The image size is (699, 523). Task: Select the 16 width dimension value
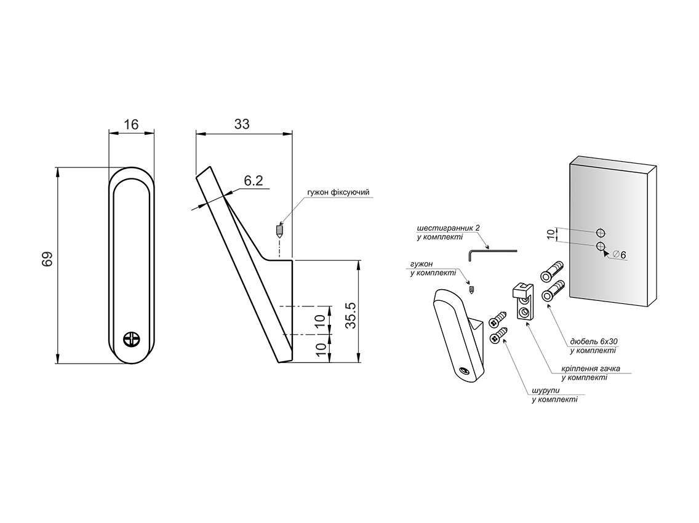pyautogui.click(x=131, y=125)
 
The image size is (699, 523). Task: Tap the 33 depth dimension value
pyautogui.click(x=242, y=124)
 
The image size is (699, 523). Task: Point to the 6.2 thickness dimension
pyautogui.click(x=253, y=181)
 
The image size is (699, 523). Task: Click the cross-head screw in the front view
pyautogui.click(x=132, y=339)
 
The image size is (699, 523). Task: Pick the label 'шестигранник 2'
pyautogui.click(x=447, y=227)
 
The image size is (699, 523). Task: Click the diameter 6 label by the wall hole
pyautogui.click(x=620, y=254)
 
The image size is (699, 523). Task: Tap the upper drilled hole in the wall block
pyautogui.click(x=600, y=233)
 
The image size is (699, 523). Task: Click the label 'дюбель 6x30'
pyautogui.click(x=593, y=341)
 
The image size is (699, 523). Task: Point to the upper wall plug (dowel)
pyautogui.click(x=552, y=271)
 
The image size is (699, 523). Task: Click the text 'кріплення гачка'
pyautogui.click(x=590, y=369)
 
